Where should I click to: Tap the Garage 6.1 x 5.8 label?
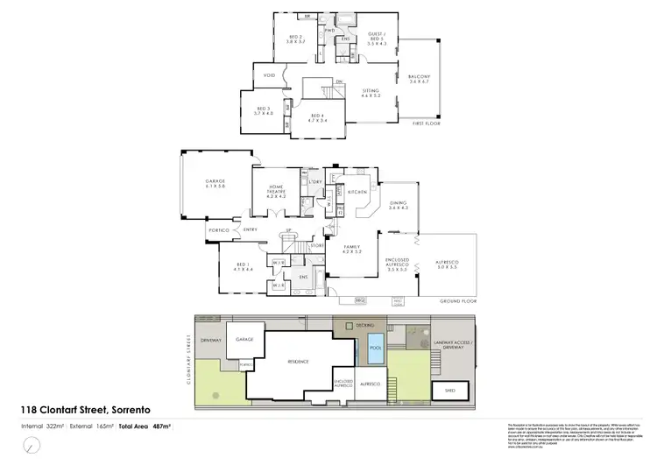click(215, 184)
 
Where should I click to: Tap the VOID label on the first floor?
click(270, 75)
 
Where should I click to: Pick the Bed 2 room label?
click(295, 39)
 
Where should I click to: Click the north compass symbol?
click(32, 447)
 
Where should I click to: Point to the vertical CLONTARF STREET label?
click(188, 359)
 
